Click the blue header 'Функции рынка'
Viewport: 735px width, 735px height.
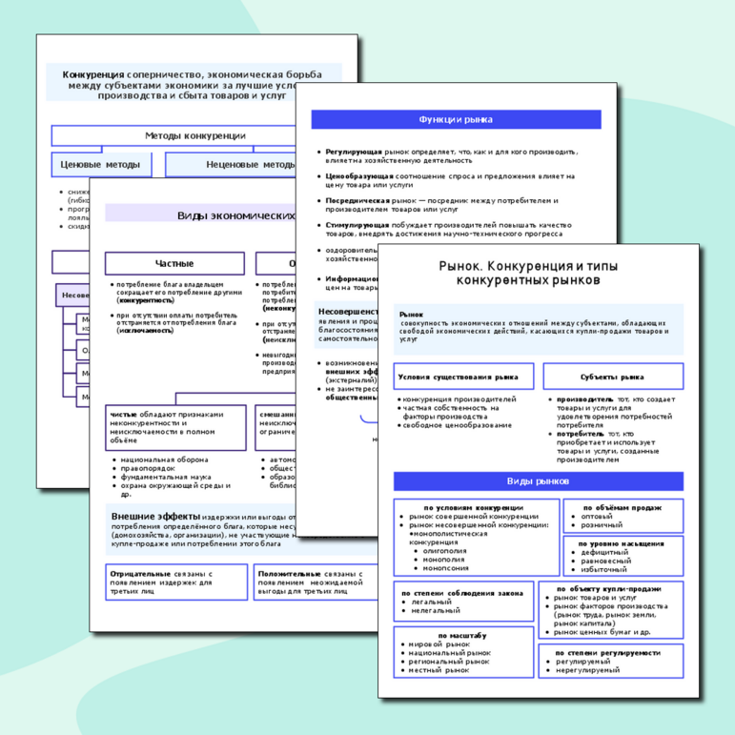[x=456, y=119]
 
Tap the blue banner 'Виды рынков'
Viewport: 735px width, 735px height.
[x=538, y=481]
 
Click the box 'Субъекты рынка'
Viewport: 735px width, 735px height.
[x=613, y=377]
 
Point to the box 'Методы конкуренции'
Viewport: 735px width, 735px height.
[x=195, y=135]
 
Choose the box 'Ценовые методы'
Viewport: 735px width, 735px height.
[x=100, y=165]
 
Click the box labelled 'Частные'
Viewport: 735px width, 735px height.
[x=174, y=263]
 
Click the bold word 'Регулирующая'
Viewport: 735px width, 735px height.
[x=354, y=152]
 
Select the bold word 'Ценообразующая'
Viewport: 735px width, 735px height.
[x=359, y=176]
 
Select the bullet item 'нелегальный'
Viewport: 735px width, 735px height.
[x=431, y=611]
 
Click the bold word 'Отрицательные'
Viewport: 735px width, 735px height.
[x=140, y=575]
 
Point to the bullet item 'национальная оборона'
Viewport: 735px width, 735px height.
[x=157, y=459]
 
